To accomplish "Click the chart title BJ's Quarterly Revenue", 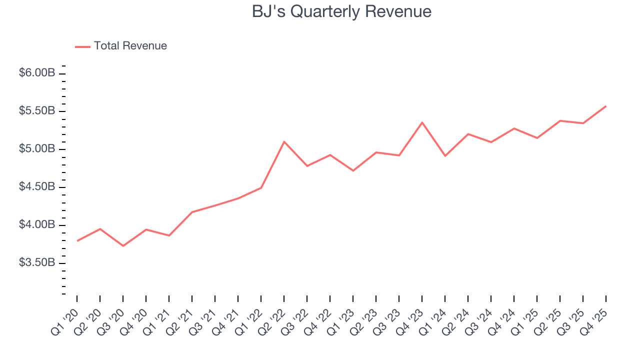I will tap(341, 11).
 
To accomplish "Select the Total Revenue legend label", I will tap(130, 46).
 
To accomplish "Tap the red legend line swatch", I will tap(82, 46).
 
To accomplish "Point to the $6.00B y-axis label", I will tap(37, 73).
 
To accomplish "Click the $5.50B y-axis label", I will tap(37, 111).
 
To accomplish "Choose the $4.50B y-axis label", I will tap(37, 187).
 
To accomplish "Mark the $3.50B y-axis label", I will tap(37, 263).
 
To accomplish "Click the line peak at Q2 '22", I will tap(284, 141).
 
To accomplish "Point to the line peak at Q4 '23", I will tap(422, 122).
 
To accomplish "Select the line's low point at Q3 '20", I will tap(123, 245).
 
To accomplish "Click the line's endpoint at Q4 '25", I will tap(606, 106).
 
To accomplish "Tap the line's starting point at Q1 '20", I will tap(77, 240).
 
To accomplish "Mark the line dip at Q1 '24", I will tap(445, 156).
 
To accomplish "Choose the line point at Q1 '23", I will tap(353, 170).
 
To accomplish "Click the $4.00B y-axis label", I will tap(37, 225).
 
